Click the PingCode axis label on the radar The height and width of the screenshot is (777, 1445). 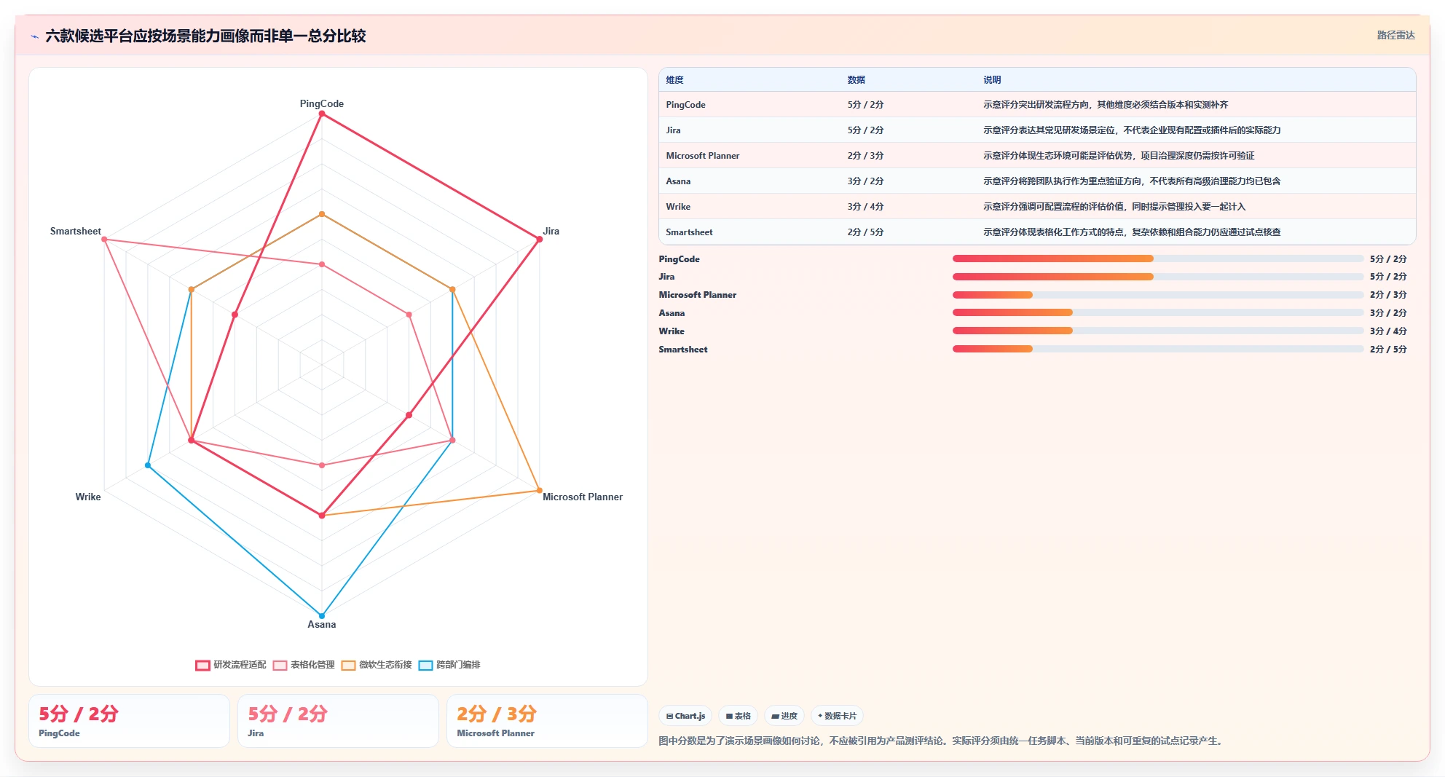tap(321, 103)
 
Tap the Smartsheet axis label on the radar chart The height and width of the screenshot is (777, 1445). tap(76, 231)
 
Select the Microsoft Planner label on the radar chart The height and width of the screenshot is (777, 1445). tap(583, 497)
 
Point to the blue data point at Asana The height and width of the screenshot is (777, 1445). tap(322, 615)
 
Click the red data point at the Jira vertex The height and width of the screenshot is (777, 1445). tap(539, 239)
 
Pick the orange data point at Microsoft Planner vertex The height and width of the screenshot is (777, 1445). tap(539, 490)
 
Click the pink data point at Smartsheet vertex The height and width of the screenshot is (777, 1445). tap(104, 239)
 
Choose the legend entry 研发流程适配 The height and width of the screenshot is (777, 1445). tap(231, 665)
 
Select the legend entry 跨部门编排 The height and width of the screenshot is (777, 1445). tap(449, 665)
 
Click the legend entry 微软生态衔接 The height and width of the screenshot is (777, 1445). tap(377, 665)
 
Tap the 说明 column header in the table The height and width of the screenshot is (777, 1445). tap(992, 80)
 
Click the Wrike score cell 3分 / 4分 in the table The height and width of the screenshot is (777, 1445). tap(865, 207)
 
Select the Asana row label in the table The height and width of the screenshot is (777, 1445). tap(678, 181)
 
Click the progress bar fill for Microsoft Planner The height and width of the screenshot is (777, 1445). tap(992, 295)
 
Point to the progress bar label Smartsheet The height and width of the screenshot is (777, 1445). tap(683, 350)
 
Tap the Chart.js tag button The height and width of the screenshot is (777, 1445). tap(685, 716)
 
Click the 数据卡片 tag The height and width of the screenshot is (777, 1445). tap(837, 716)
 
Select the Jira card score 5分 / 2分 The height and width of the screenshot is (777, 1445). tap(288, 714)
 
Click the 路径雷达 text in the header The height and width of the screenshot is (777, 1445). tap(1395, 35)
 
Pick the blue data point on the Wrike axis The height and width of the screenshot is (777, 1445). tap(148, 465)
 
